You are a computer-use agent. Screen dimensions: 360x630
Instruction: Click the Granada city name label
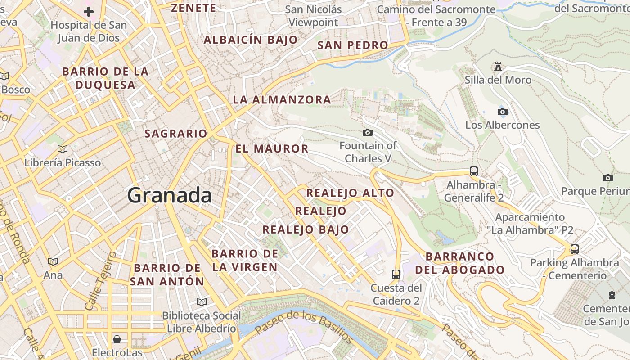pos(169,195)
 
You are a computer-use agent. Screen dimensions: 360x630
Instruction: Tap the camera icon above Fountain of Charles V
pos(368,132)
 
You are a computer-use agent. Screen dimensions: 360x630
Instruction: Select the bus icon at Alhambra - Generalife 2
pos(473,171)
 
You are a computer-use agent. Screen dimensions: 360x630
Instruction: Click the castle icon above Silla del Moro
pos(498,67)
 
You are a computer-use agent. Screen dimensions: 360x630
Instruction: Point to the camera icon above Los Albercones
pos(503,112)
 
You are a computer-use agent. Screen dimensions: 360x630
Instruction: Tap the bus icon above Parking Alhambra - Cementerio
pos(574,249)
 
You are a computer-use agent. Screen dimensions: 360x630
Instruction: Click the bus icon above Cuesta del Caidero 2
pos(396,274)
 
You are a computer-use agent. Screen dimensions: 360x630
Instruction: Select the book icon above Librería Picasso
pos(63,149)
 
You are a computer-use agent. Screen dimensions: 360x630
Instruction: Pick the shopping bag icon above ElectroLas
pos(117,339)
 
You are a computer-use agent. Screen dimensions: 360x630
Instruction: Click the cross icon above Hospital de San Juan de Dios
pos(89,11)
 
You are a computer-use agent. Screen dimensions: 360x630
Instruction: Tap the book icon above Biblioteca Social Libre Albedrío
pos(202,302)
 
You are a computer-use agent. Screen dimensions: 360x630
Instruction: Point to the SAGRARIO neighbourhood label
pos(175,134)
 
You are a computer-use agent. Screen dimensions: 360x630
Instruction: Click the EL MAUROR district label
pos(272,148)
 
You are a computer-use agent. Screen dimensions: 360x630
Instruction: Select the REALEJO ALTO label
pos(350,193)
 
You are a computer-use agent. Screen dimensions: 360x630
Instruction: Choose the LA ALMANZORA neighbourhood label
pos(282,100)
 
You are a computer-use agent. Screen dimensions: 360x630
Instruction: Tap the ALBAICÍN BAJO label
pos(251,40)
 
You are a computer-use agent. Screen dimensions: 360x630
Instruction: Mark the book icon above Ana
pos(53,261)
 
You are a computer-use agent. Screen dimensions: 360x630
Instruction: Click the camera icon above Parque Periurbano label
pos(608,178)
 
